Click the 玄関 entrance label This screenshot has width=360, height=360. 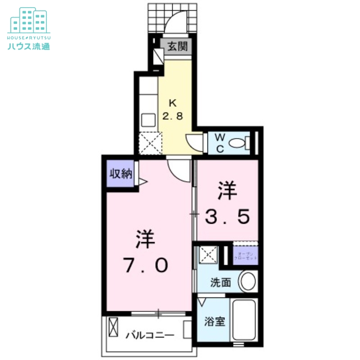click(178, 46)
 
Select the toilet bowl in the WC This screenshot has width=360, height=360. click(238, 143)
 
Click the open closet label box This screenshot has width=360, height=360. click(246, 256)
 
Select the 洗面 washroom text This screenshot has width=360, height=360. click(221, 283)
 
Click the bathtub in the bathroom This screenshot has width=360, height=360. click(243, 320)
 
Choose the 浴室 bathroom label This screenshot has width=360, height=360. click(214, 322)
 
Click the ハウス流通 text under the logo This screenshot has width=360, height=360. click(29, 45)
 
